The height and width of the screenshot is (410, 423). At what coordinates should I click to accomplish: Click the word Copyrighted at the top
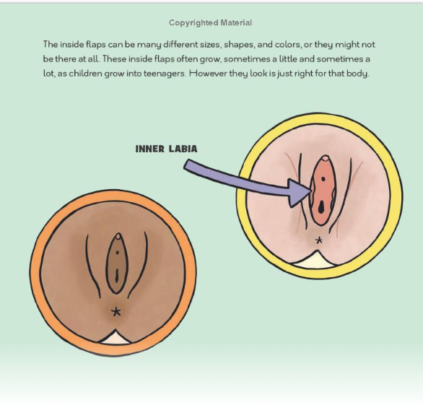[193, 23]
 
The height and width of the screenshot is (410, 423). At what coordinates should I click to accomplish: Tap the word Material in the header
[236, 22]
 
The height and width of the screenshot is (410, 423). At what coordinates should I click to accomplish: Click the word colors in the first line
[288, 44]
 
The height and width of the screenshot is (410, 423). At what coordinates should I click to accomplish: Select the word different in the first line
[180, 44]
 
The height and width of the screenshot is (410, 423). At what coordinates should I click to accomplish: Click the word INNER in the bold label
[149, 149]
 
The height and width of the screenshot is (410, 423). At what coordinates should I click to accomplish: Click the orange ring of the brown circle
[35, 272]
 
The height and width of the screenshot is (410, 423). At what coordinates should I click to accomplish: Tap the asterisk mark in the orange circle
[116, 312]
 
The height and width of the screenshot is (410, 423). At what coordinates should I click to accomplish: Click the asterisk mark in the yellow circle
[319, 240]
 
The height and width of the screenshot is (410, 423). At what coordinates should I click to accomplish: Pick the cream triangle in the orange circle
[115, 339]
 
